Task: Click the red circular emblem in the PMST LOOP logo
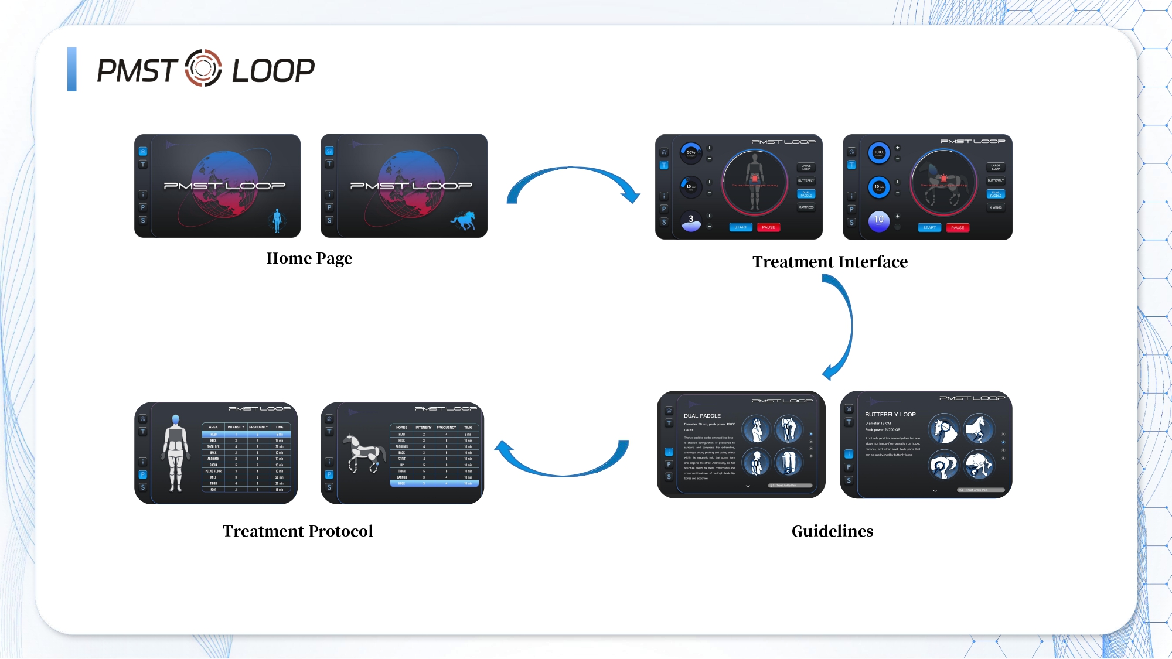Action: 203,69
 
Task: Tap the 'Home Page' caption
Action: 309,258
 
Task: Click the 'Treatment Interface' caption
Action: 830,262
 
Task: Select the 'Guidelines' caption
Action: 832,531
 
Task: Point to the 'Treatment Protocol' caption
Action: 298,531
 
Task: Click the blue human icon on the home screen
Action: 277,220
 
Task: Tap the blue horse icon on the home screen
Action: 464,221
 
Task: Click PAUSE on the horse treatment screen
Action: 958,228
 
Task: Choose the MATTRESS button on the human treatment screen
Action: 806,207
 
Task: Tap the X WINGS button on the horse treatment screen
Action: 996,207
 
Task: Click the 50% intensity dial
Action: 691,153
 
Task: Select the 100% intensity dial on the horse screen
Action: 879,152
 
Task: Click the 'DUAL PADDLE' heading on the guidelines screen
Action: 702,416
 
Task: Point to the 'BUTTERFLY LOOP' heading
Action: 890,414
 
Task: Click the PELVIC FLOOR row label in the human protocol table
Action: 213,471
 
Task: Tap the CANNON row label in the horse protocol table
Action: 401,477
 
